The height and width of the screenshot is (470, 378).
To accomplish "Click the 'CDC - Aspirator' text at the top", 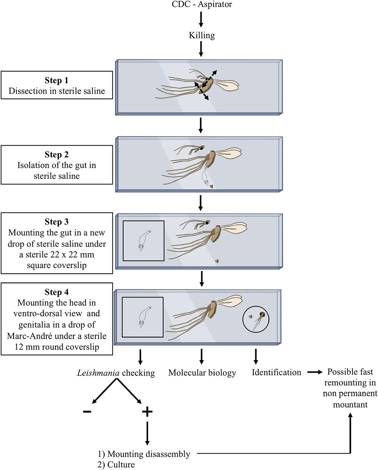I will (202, 4).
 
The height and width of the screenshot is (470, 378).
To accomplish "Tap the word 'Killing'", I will (202, 35).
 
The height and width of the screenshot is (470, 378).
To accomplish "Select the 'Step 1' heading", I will (56, 80).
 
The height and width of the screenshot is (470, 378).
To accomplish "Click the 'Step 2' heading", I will (56, 155).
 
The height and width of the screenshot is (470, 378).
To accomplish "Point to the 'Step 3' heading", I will (56, 222).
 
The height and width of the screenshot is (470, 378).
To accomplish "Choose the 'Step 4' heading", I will (56, 292).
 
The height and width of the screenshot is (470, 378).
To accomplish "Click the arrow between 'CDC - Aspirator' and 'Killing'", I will (201, 20).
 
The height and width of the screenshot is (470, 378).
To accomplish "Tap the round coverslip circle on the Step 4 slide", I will (256, 319).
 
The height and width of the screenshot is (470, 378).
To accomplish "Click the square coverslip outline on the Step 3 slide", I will (143, 241).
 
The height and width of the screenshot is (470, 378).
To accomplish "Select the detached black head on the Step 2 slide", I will (201, 148).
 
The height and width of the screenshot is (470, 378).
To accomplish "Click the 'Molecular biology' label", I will (202, 373).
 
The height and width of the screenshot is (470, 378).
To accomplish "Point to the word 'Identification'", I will (276, 372).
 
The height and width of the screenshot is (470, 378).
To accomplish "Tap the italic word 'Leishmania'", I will (98, 373).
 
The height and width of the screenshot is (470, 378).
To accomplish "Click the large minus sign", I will (87, 411).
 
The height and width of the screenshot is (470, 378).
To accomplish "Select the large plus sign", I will (147, 411).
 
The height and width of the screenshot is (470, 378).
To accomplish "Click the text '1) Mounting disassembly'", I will (144, 454).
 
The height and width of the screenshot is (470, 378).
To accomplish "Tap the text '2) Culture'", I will (116, 465).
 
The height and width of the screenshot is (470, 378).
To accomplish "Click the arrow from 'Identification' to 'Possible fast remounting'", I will (315, 372).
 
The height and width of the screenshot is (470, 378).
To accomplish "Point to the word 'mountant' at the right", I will (350, 404).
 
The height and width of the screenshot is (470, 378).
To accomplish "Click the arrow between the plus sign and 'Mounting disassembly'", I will (147, 433).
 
